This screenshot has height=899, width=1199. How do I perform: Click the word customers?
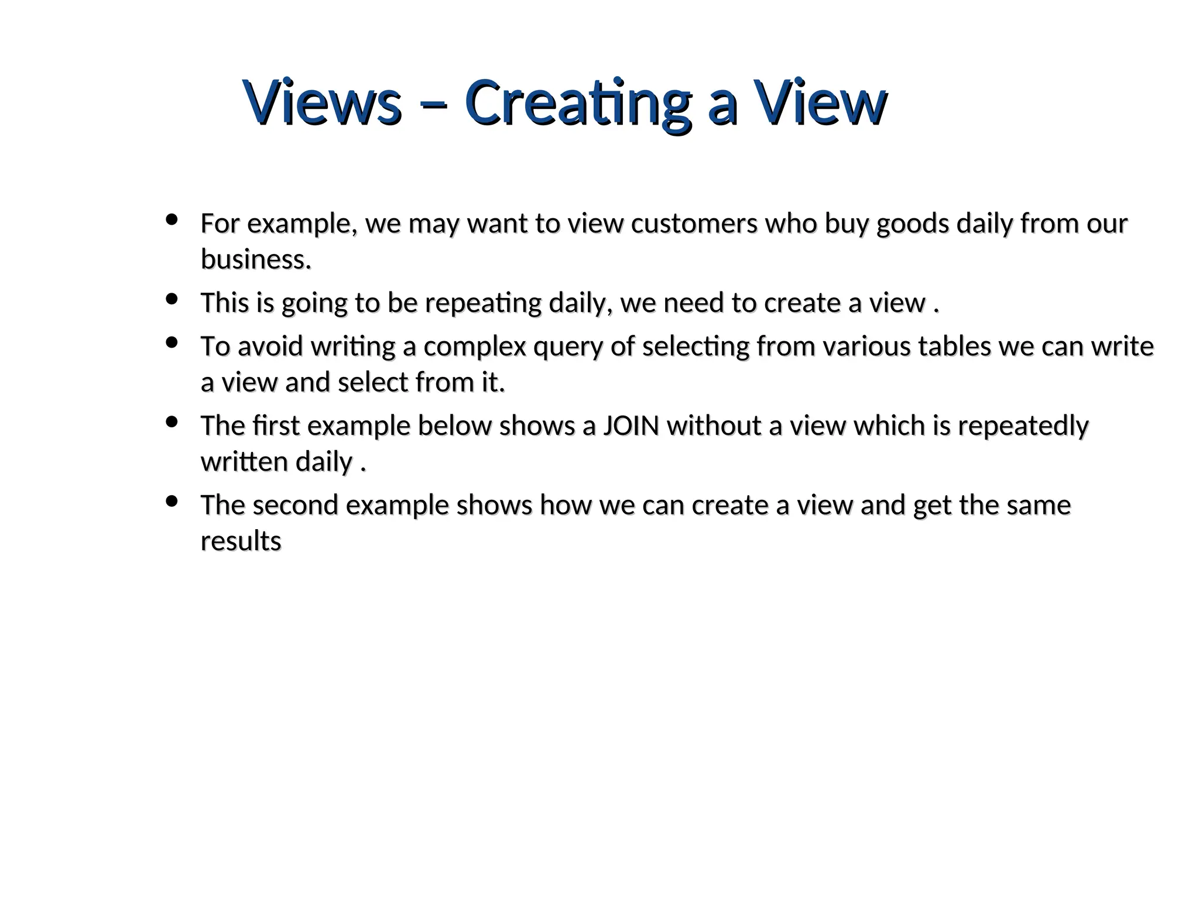point(694,224)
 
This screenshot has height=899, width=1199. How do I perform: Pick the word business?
point(256,259)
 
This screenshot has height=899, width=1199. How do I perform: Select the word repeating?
point(483,304)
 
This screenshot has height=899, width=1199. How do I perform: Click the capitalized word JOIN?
point(631,426)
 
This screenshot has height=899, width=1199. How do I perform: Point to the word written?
point(244,462)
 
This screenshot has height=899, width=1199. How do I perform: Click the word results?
point(241,541)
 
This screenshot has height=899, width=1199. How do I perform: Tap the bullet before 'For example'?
point(172,220)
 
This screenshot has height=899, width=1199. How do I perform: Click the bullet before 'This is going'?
point(172,299)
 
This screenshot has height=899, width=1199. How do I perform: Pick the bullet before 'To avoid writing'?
point(172,343)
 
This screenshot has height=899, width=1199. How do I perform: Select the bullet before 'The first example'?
point(172,422)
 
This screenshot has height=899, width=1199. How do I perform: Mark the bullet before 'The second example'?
point(172,502)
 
